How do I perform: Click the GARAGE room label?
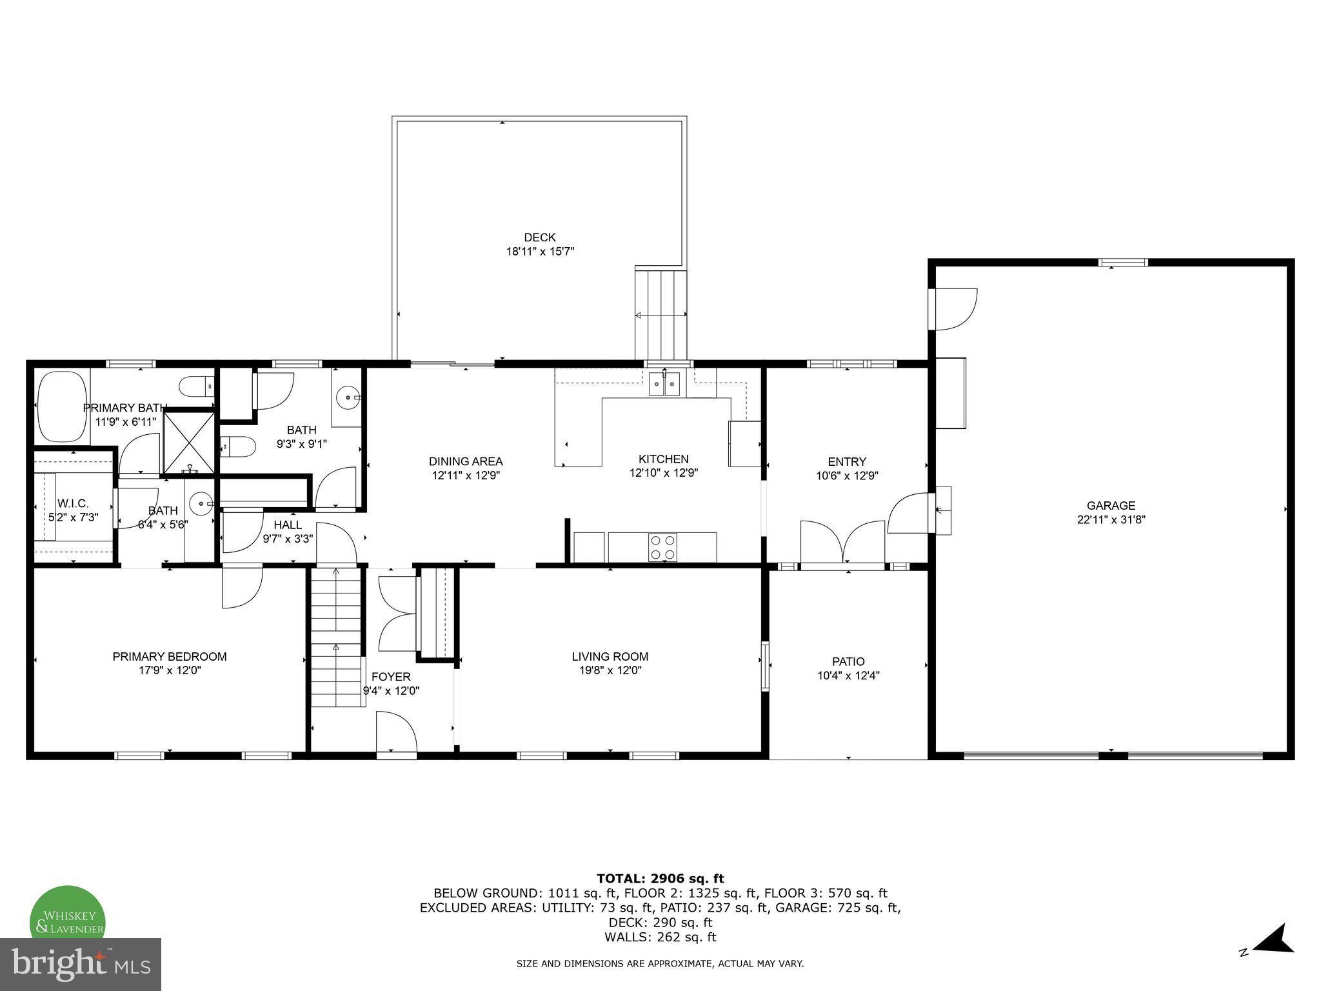pyautogui.click(x=1111, y=506)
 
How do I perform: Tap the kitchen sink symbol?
pyautogui.click(x=664, y=385)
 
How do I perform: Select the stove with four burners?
pyautogui.click(x=662, y=547)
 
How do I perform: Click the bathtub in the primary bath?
pyautogui.click(x=63, y=406)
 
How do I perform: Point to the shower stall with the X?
pyautogui.click(x=188, y=443)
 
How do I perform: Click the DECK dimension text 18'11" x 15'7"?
pyautogui.click(x=540, y=252)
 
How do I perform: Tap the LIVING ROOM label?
pyautogui.click(x=610, y=657)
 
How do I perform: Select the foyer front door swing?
pyautogui.click(x=395, y=732)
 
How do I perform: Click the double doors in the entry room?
pyautogui.click(x=842, y=543)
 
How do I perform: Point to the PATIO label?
pyautogui.click(x=848, y=661)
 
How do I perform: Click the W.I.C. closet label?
pyautogui.click(x=73, y=503)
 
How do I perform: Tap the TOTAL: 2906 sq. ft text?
pyautogui.click(x=660, y=878)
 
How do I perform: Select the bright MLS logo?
pyautogui.click(x=81, y=964)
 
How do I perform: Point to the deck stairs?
pyautogui.click(x=661, y=315)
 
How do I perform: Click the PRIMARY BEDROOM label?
pyautogui.click(x=170, y=657)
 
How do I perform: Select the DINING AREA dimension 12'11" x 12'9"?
pyautogui.click(x=466, y=475)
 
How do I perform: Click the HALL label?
pyautogui.click(x=288, y=525)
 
